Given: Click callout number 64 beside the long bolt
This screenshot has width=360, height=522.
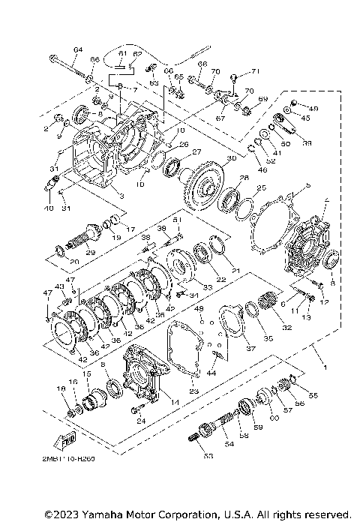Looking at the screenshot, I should [x=77, y=49].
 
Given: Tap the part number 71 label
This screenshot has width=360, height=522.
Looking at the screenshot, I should [x=255, y=71].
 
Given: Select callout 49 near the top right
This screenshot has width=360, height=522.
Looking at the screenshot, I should [x=313, y=107].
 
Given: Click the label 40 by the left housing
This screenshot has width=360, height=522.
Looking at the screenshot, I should [x=49, y=208].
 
